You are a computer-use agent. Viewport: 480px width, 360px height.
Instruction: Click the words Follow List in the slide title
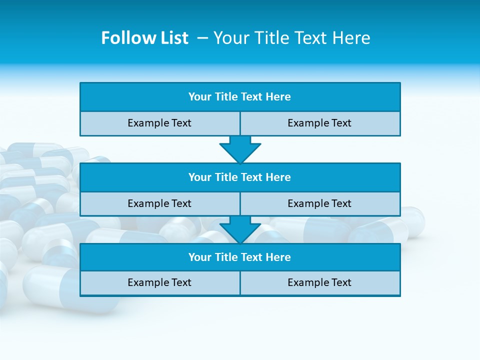pyautogui.click(x=144, y=38)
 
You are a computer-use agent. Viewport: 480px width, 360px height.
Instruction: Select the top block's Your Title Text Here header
pyautogui.click(x=239, y=97)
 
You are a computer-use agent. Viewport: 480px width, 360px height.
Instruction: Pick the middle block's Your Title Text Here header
pyautogui.click(x=239, y=177)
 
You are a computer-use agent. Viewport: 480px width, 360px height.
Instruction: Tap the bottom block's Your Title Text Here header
pyautogui.click(x=239, y=257)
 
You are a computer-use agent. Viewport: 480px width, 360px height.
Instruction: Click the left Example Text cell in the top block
pyautogui.click(x=159, y=123)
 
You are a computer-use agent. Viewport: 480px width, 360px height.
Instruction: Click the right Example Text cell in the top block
pyautogui.click(x=319, y=123)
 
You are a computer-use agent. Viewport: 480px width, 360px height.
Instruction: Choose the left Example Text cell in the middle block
pyautogui.click(x=159, y=204)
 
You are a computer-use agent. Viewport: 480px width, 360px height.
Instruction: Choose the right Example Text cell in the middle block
pyautogui.click(x=319, y=204)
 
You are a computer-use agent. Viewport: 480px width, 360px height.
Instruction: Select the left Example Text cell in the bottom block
pyautogui.click(x=159, y=283)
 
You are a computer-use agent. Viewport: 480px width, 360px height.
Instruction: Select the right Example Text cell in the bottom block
pyautogui.click(x=319, y=283)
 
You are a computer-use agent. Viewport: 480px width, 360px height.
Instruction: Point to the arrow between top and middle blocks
pyautogui.click(x=240, y=149)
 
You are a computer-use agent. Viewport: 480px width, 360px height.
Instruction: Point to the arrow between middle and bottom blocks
pyautogui.click(x=240, y=229)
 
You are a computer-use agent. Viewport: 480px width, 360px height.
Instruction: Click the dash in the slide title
pyautogui.click(x=203, y=38)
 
